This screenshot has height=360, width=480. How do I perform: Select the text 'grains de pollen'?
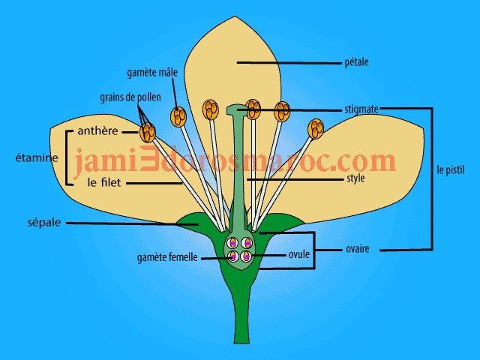[x=127, y=97]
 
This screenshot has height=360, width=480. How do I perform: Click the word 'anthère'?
[x=98, y=131]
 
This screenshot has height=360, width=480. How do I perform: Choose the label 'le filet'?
[x=103, y=181]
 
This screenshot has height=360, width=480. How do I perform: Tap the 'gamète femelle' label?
[x=167, y=257]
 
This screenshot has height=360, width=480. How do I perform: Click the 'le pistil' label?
[x=453, y=170]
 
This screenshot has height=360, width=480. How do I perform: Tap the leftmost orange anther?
[x=148, y=133]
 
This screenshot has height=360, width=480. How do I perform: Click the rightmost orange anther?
[x=315, y=130]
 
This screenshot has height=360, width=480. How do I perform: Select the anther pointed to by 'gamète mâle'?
[x=178, y=116]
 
